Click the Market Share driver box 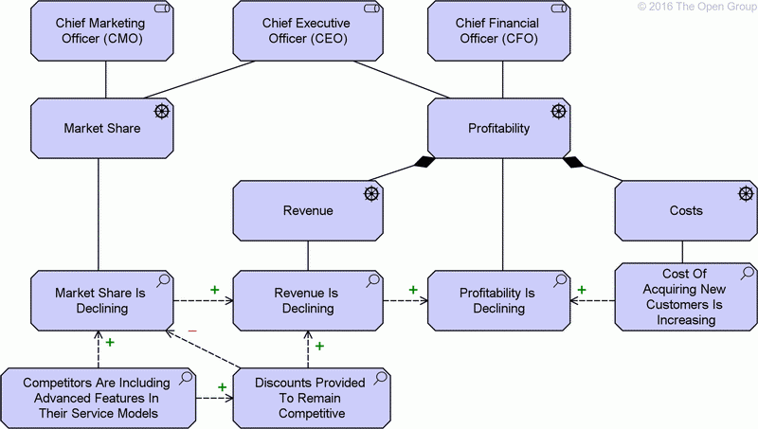pyautogui.click(x=102, y=128)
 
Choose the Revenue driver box pyautogui.click(x=308, y=210)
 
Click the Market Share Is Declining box pyautogui.click(x=102, y=300)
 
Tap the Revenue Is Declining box pyautogui.click(x=308, y=300)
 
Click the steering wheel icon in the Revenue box pyautogui.click(x=370, y=194)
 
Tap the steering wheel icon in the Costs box pyautogui.click(x=747, y=194)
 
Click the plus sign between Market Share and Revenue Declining pyautogui.click(x=214, y=289)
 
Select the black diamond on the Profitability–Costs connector pyautogui.click(x=573, y=161)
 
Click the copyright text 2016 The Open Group pyautogui.click(x=695, y=7)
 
